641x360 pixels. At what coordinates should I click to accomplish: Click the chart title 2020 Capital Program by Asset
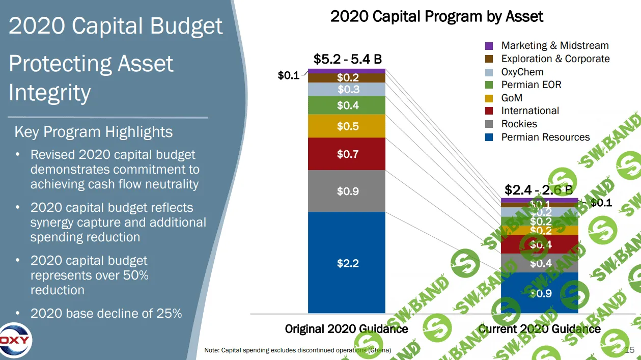click(436, 16)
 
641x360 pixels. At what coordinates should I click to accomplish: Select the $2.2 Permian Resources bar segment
click(347, 263)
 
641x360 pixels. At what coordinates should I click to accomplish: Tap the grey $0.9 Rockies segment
click(347, 191)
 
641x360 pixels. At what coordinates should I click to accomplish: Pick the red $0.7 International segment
click(347, 154)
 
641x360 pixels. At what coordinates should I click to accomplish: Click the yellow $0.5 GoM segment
click(347, 126)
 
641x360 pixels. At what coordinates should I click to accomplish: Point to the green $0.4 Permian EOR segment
click(347, 105)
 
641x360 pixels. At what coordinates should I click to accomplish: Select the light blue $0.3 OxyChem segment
click(347, 90)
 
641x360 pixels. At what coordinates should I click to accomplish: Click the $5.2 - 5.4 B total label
click(347, 60)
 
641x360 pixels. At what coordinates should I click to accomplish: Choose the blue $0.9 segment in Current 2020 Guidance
click(540, 293)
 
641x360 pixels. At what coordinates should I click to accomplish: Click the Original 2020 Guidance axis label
click(346, 328)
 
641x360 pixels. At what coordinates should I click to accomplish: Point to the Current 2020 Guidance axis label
click(539, 328)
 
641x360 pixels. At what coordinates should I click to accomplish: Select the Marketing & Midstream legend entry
click(554, 46)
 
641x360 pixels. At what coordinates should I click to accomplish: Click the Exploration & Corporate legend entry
click(555, 59)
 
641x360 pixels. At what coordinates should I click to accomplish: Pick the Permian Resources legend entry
click(545, 137)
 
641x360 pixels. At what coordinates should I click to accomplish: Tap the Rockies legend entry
click(519, 124)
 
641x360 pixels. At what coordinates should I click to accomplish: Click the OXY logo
click(15, 340)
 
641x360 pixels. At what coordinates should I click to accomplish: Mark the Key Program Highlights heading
click(94, 132)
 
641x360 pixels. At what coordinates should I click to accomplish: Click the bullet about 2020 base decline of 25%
click(106, 313)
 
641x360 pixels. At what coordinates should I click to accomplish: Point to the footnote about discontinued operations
click(297, 350)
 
